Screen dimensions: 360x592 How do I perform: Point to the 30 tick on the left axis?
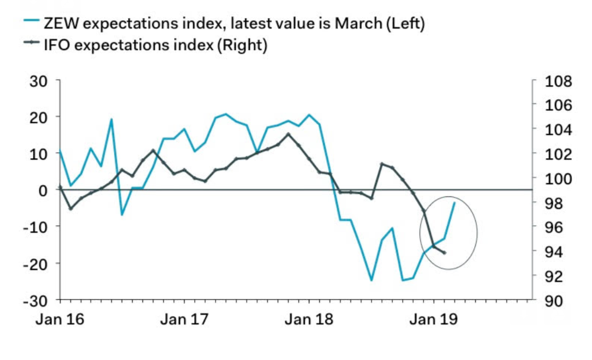pyautogui.click(x=42, y=81)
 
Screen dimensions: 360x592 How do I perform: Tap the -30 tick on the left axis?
pyautogui.click(x=39, y=301)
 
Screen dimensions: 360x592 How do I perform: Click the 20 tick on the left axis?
pyautogui.click(x=42, y=117)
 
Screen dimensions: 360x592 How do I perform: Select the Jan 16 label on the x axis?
pyautogui.click(x=59, y=320)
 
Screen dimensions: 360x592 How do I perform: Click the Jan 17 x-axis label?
pyautogui.click(x=184, y=320)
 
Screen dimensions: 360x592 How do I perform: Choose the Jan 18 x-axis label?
pyautogui.click(x=309, y=320)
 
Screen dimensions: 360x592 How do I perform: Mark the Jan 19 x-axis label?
pyautogui.click(x=434, y=320)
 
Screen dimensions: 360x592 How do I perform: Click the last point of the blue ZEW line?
pyautogui.click(x=455, y=203)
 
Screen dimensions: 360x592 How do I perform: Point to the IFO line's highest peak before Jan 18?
pyautogui.click(x=289, y=134)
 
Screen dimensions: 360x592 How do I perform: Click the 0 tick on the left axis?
pyautogui.click(x=46, y=190)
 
